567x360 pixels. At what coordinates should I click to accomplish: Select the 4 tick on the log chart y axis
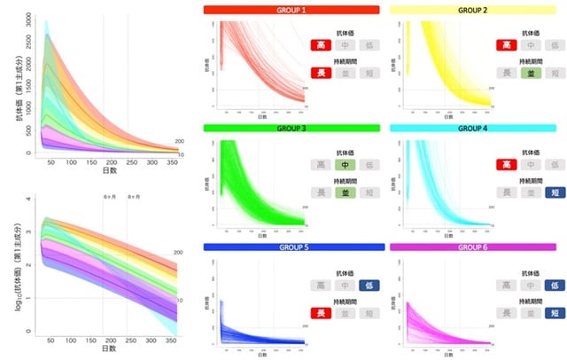pyautogui.click(x=28, y=200)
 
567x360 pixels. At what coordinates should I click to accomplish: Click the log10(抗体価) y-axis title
pyautogui.click(x=10, y=266)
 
